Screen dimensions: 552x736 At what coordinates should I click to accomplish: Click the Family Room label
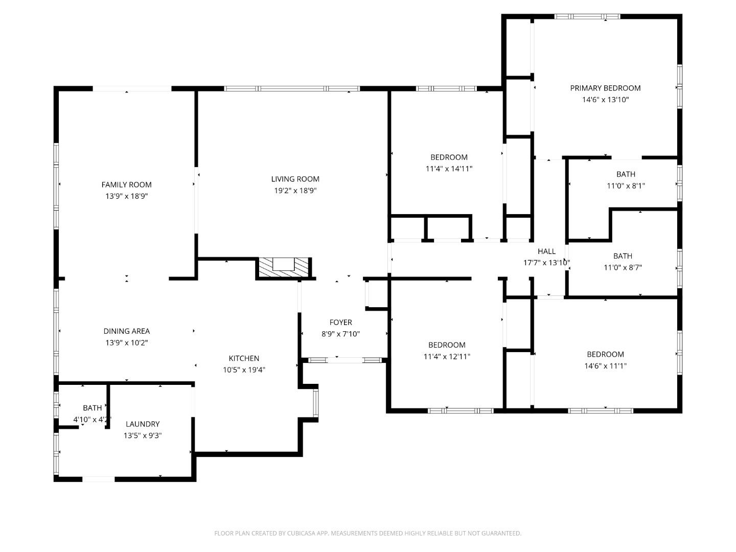point(126,185)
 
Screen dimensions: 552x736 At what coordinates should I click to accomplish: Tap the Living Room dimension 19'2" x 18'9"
point(295,191)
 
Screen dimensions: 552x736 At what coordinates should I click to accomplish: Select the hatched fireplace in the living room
point(284,267)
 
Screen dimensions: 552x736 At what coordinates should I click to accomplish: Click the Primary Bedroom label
point(605,88)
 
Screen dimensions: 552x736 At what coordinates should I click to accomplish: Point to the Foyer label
point(340,322)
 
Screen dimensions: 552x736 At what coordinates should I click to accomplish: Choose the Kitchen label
point(244,358)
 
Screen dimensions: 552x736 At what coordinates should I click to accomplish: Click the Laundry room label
point(143,424)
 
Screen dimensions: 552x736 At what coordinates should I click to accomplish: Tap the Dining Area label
point(126,331)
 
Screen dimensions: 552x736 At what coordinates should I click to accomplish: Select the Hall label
point(546,251)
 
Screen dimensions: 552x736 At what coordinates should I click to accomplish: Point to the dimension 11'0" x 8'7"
point(623,267)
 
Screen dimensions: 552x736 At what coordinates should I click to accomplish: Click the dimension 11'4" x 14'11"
point(449,169)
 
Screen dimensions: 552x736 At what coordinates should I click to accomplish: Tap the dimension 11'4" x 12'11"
point(447,357)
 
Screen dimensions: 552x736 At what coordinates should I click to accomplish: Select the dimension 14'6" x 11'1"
point(605,366)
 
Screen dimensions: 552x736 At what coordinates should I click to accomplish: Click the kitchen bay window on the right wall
point(316,404)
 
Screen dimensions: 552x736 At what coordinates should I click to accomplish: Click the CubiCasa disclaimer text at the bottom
point(367,533)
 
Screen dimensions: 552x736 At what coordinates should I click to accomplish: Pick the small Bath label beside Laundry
point(92,408)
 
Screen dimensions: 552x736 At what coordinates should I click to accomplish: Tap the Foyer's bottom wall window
point(346,360)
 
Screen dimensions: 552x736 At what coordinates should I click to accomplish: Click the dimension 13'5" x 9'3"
point(143,435)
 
